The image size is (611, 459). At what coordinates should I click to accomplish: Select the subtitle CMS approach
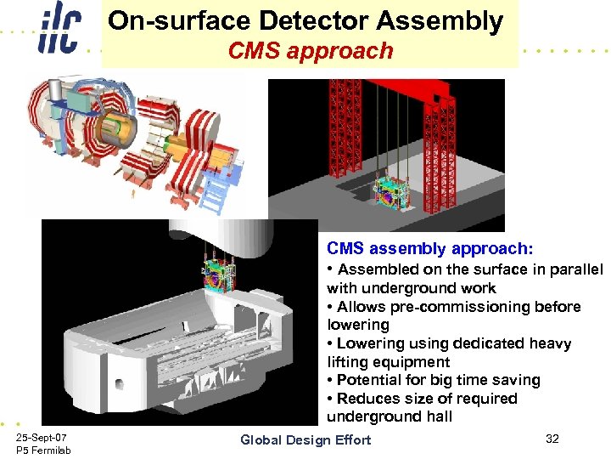pyautogui.click(x=311, y=51)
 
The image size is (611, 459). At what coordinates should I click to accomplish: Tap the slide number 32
pyautogui.click(x=552, y=439)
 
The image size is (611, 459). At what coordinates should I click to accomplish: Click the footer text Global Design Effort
pyautogui.click(x=305, y=439)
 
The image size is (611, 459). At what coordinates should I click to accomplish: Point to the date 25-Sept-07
pyautogui.click(x=42, y=436)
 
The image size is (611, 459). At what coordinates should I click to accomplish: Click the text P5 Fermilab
pyautogui.click(x=43, y=450)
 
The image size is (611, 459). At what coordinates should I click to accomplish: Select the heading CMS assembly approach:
pyautogui.click(x=430, y=249)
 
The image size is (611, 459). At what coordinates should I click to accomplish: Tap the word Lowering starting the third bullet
pyautogui.click(x=369, y=343)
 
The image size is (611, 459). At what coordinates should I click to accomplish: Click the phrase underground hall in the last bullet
pyautogui.click(x=390, y=416)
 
